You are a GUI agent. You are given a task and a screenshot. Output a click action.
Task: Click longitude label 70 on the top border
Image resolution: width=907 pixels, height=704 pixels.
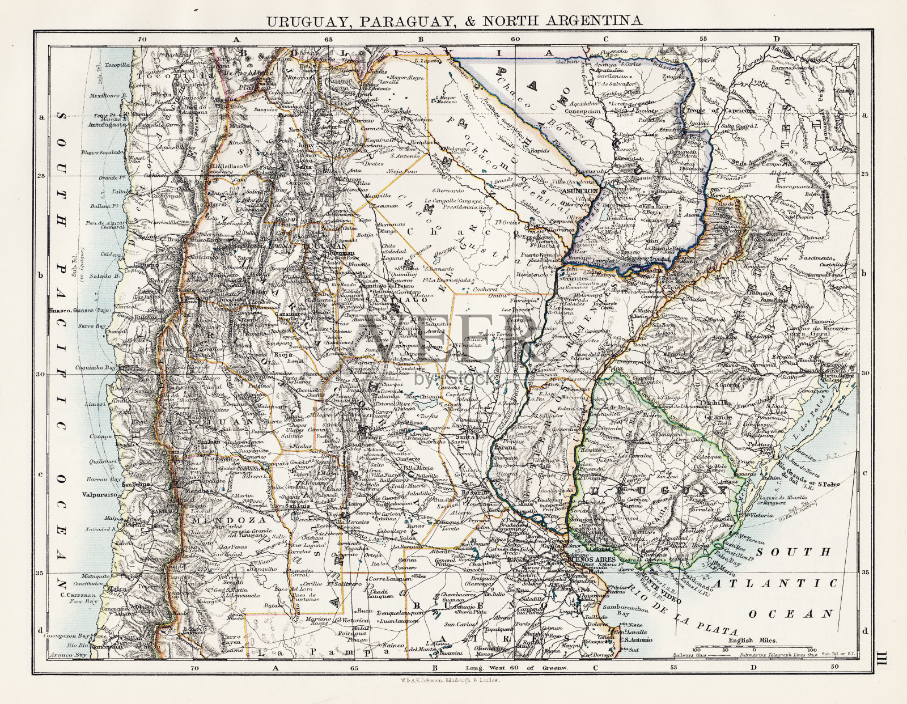point(142,39)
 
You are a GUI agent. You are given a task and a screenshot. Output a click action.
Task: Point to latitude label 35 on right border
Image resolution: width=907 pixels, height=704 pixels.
point(864,572)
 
